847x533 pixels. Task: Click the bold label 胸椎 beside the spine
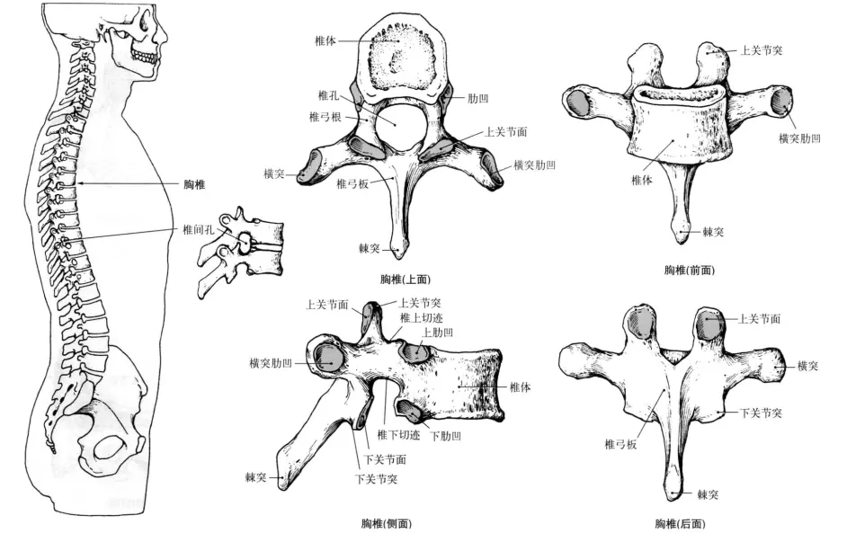(x=194, y=184)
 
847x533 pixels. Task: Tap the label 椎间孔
(x=199, y=230)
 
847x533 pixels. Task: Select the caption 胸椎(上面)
(x=406, y=280)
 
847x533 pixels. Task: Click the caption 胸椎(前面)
(x=690, y=270)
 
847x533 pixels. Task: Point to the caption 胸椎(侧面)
(x=387, y=523)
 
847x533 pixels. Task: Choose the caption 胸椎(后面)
(x=680, y=523)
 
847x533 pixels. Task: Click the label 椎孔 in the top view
(x=328, y=95)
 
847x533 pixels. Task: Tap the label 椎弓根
(x=325, y=117)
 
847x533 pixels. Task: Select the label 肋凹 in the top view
(x=478, y=98)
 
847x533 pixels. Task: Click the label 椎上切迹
(x=422, y=318)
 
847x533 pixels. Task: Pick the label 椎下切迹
(x=398, y=435)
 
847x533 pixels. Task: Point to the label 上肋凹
(x=438, y=333)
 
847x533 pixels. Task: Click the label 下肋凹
(x=445, y=436)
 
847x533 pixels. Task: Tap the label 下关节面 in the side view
(x=385, y=459)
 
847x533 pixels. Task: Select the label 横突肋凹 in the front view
(x=799, y=138)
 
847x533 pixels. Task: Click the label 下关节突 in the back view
(x=761, y=413)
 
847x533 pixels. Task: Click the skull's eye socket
(x=146, y=22)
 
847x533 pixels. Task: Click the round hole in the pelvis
(x=111, y=448)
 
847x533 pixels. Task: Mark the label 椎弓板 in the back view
(x=620, y=444)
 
